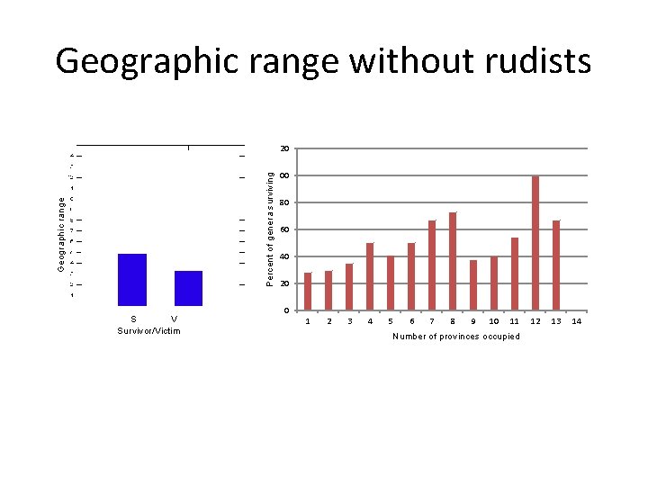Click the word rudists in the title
538,61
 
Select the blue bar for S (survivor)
132,280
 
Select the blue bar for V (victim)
188,288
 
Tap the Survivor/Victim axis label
148,331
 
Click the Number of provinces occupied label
456,337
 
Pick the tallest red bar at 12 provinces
535,243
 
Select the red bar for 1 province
308,291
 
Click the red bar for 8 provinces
453,261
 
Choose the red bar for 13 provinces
556,265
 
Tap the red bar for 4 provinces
370,276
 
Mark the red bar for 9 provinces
473,284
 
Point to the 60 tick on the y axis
284,230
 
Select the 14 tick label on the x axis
577,321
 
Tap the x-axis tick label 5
390,321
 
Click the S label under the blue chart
133,319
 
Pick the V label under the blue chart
174,319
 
